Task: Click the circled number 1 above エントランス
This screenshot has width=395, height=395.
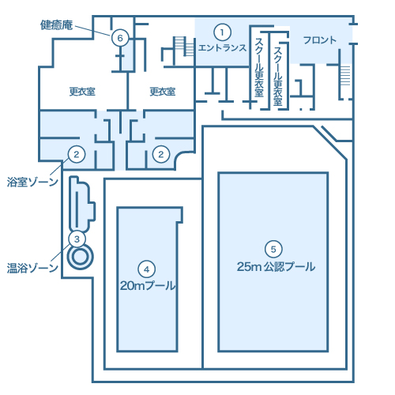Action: tap(223, 32)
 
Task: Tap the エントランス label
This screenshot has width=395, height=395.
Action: tap(223, 48)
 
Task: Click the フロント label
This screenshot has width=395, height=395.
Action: tap(319, 39)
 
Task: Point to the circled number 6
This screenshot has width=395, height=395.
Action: tap(119, 37)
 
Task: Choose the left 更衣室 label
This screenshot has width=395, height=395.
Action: tap(82, 92)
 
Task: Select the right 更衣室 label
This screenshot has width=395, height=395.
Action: tap(162, 92)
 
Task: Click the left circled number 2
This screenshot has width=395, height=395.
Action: tap(77, 153)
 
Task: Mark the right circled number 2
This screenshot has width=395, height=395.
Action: tap(161, 153)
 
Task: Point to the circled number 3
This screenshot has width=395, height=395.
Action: tap(77, 238)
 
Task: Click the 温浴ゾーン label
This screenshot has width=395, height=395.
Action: tap(32, 268)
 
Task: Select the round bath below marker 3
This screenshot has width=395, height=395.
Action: tap(79, 257)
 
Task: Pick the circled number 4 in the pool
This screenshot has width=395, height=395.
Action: tap(147, 267)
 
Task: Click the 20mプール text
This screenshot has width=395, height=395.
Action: tap(147, 283)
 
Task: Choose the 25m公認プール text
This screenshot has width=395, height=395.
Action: tap(275, 266)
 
